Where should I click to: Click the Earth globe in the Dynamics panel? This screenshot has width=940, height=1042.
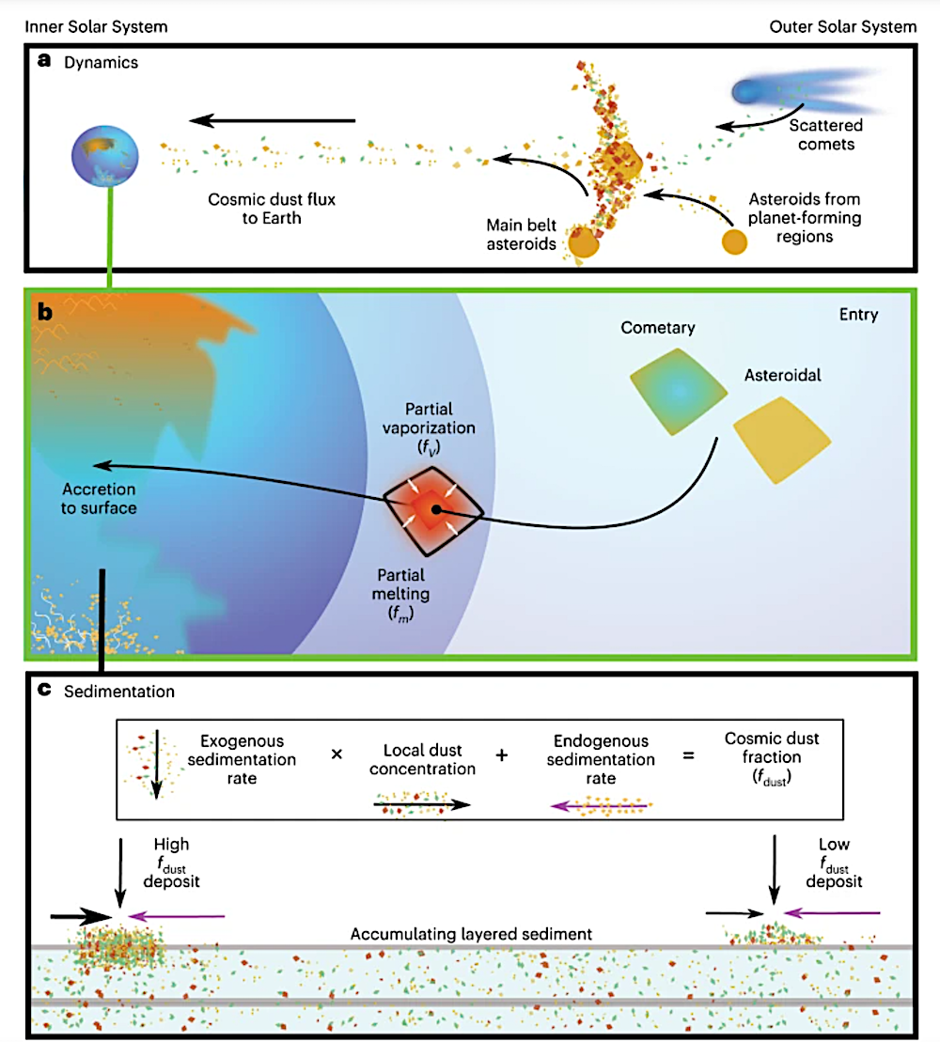click(x=105, y=156)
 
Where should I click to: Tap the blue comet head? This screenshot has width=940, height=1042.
click(x=745, y=92)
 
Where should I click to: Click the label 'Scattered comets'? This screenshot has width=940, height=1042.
click(x=825, y=135)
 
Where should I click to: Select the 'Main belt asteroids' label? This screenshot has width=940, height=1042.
click(x=521, y=235)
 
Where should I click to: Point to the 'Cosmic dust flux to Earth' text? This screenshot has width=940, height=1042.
click(x=272, y=209)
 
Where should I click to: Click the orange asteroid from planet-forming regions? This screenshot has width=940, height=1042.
click(x=734, y=241)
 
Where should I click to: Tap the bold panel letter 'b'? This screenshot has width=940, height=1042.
click(x=44, y=312)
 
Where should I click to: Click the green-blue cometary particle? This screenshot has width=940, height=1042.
click(x=678, y=392)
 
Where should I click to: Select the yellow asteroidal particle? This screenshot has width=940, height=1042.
click(x=782, y=440)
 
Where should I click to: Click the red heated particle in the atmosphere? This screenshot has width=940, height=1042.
click(x=433, y=510)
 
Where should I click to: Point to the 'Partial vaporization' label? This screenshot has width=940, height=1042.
click(x=429, y=428)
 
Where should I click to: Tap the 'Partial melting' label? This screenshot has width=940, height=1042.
click(x=400, y=594)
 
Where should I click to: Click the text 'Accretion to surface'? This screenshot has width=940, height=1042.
click(x=99, y=498)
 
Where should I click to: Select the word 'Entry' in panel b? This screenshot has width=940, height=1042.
click(x=858, y=315)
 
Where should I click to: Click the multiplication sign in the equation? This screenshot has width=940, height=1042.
click(x=337, y=754)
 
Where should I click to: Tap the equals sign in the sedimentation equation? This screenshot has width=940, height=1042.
click(x=689, y=755)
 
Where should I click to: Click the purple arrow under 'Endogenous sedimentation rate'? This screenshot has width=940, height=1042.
click(x=600, y=806)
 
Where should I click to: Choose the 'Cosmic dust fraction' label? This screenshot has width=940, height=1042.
click(x=772, y=758)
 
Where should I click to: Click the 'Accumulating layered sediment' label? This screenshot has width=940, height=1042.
click(x=471, y=934)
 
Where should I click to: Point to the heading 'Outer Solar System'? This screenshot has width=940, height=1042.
click(x=843, y=27)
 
